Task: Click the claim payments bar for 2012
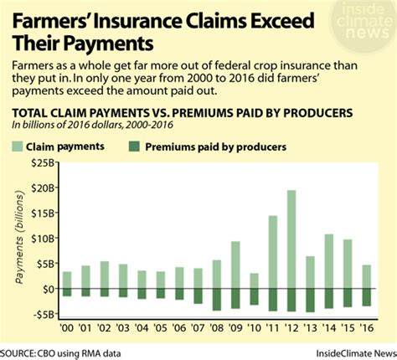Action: pyautogui.click(x=291, y=239)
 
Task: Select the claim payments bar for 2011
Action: pyautogui.click(x=272, y=252)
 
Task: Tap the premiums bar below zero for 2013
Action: pyautogui.click(x=310, y=300)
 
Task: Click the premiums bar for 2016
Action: pyautogui.click(x=365, y=296)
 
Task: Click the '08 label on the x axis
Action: pyautogui.click(x=216, y=328)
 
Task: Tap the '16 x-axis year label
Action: pyautogui.click(x=366, y=328)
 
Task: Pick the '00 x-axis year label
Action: pyautogui.click(x=68, y=328)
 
